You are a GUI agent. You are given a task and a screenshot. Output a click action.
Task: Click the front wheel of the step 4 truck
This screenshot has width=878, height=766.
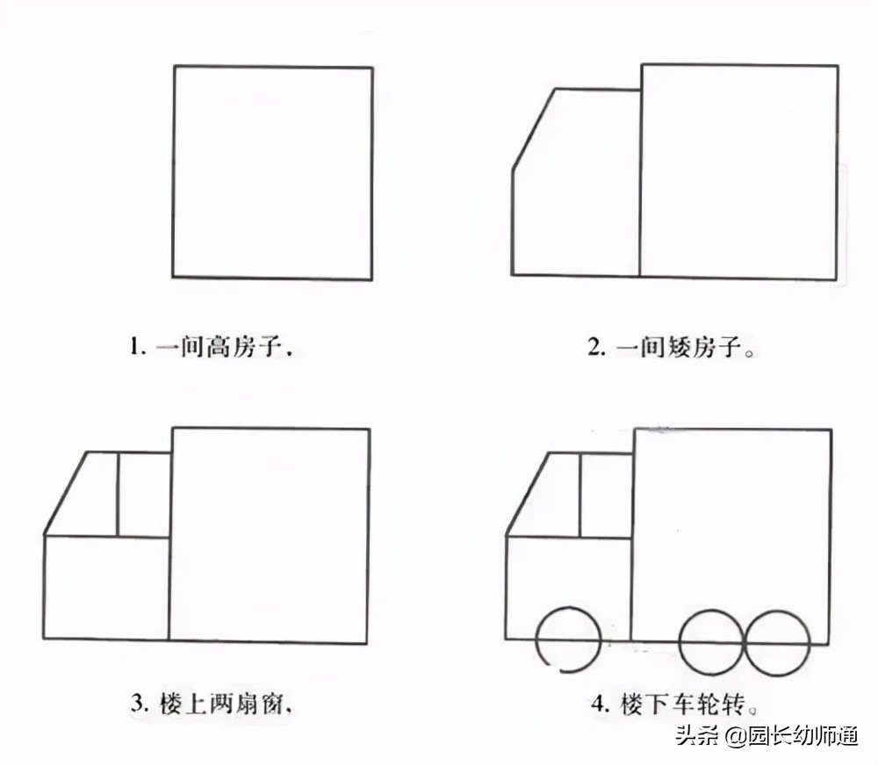[567, 640]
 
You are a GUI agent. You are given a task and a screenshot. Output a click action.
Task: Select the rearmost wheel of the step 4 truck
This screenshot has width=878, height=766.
[777, 643]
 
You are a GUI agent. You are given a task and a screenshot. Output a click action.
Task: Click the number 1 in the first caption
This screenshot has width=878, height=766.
[136, 348]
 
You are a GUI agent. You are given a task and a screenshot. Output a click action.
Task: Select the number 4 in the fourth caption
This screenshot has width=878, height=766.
[599, 704]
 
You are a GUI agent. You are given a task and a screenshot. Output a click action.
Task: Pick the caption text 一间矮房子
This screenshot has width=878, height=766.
[680, 348]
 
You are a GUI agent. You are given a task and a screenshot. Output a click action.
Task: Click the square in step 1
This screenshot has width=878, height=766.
[272, 173]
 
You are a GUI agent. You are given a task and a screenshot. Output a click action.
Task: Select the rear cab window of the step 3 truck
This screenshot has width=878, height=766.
[144, 494]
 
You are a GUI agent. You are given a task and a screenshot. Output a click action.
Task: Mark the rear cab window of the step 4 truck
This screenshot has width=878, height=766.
[606, 495]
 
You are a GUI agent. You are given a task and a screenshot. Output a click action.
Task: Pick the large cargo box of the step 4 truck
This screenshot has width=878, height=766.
[731, 527]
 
